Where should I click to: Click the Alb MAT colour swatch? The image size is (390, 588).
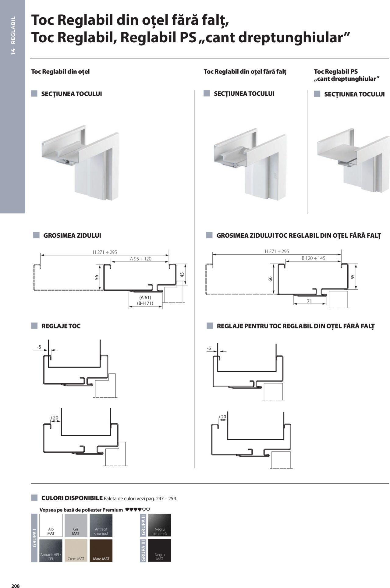[51, 525]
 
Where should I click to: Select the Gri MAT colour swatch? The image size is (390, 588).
[76, 525]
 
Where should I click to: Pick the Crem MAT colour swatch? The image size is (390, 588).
[76, 551]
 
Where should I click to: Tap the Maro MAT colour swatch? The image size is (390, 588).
[101, 551]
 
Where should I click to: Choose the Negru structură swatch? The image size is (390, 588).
[159, 525]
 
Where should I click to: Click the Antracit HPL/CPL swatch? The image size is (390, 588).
[51, 551]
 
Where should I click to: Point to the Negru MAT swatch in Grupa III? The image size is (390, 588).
[159, 550]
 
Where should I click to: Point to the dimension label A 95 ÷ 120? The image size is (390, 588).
[140, 259]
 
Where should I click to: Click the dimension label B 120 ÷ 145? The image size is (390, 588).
[313, 258]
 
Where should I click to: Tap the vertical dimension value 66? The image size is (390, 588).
[270, 279]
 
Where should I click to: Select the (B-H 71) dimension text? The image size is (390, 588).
[145, 303]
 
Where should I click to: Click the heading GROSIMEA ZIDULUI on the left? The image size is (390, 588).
[72, 236]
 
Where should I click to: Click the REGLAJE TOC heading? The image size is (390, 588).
[61, 326]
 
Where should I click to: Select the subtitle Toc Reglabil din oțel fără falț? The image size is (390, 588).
[245, 72]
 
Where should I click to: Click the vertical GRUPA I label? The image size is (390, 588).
[34, 538]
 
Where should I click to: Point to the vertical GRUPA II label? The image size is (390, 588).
[143, 525]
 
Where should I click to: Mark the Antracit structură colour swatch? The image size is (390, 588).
[101, 525]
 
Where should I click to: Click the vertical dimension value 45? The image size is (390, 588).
[182, 275]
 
